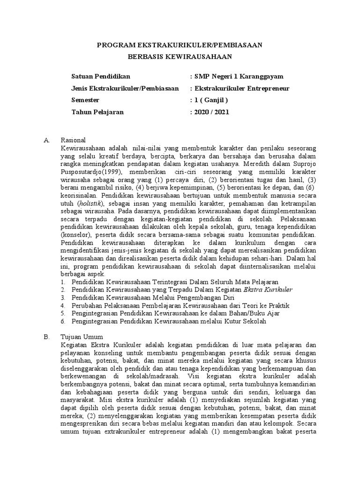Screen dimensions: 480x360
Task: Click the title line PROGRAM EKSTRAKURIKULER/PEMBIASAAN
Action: pyautogui.click(x=180, y=45)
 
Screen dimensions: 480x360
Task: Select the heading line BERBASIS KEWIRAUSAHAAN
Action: pyautogui.click(x=180, y=56)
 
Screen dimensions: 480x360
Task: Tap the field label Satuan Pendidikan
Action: pyautogui.click(x=101, y=76)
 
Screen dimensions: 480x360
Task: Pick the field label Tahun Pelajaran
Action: pyautogui.click(x=98, y=112)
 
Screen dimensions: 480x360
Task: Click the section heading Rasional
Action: pyautogui.click(x=74, y=140)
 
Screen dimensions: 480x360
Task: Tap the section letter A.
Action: pyautogui.click(x=46, y=140)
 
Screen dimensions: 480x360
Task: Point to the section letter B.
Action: pyautogui.click(x=46, y=337)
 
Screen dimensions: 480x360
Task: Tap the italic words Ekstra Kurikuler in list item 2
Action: pyautogui.click(x=268, y=290)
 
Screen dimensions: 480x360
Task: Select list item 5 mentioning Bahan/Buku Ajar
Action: pyautogui.click(x=173, y=314)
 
